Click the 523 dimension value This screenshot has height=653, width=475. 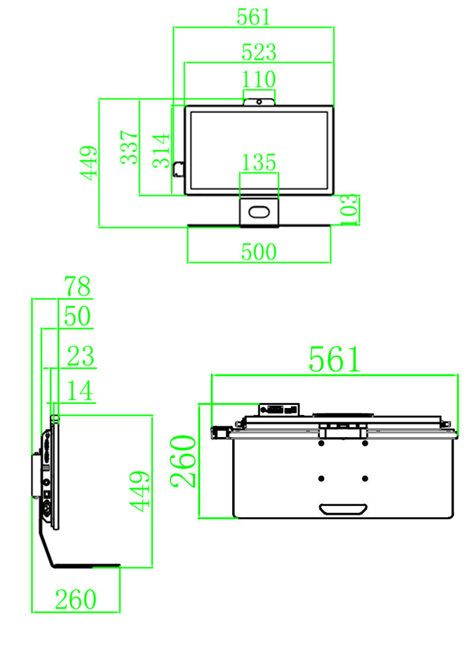[259, 52]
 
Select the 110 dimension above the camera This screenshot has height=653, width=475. [259, 79]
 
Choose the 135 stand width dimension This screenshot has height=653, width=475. [259, 162]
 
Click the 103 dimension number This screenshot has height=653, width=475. [350, 209]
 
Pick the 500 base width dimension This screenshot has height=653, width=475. [259, 252]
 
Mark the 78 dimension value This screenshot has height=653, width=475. [77, 287]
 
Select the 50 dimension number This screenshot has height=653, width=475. [77, 317]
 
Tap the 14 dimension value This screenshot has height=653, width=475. [80, 391]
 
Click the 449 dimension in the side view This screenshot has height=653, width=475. [140, 491]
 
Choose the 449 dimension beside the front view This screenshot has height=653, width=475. [89, 163]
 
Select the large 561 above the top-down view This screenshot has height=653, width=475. [334, 359]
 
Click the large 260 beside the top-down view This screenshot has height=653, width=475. [184, 461]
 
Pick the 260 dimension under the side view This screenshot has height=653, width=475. [76, 599]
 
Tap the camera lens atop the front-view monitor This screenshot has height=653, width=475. [259, 102]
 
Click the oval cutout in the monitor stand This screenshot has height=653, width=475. [259, 211]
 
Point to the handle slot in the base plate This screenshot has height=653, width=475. [343, 509]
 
